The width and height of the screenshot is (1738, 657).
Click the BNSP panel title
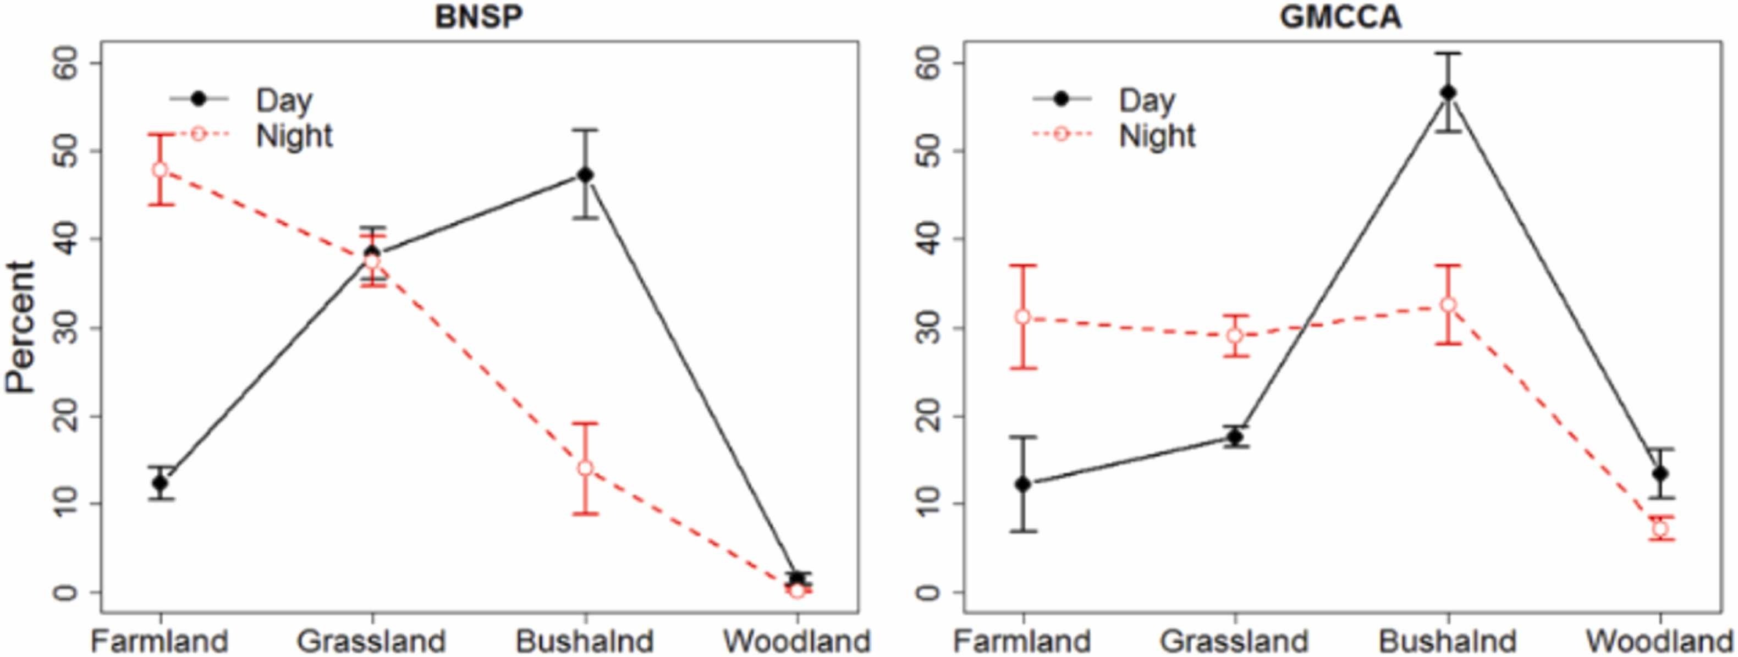click(479, 18)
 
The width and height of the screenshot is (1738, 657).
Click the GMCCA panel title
click(1340, 18)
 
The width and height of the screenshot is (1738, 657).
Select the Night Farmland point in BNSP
click(160, 169)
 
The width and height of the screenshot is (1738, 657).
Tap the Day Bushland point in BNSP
click(586, 175)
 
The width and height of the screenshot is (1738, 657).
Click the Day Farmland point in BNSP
click(160, 483)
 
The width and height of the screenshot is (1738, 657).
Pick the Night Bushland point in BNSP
click(586, 468)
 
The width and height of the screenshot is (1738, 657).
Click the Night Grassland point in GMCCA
click(1235, 335)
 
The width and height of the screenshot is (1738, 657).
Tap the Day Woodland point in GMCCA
click(1660, 473)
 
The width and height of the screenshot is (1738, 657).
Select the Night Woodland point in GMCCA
click(1660, 529)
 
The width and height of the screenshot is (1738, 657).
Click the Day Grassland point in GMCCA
click(1235, 437)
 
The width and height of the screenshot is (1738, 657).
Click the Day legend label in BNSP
click(284, 100)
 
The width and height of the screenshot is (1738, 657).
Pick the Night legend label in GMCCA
click(1157, 136)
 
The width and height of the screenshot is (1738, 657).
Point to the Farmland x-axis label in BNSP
click(160, 640)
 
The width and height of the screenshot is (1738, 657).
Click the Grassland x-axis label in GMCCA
click(1235, 640)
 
